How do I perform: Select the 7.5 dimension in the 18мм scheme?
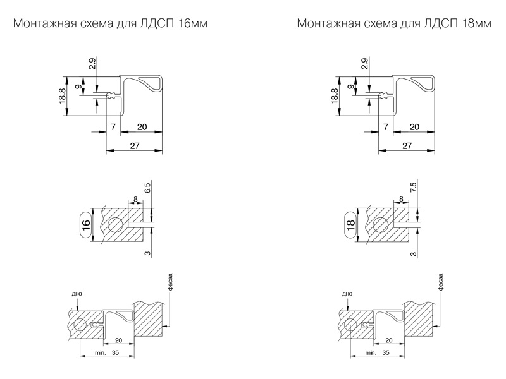[x=412, y=188]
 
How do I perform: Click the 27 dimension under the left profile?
[x=133, y=146]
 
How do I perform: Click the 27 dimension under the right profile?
[x=407, y=146]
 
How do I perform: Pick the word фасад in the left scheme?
[x=170, y=282]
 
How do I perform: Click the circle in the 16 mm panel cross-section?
[x=115, y=226]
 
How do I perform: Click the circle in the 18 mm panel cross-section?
[x=380, y=226]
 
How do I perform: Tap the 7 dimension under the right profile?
[x=385, y=128]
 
